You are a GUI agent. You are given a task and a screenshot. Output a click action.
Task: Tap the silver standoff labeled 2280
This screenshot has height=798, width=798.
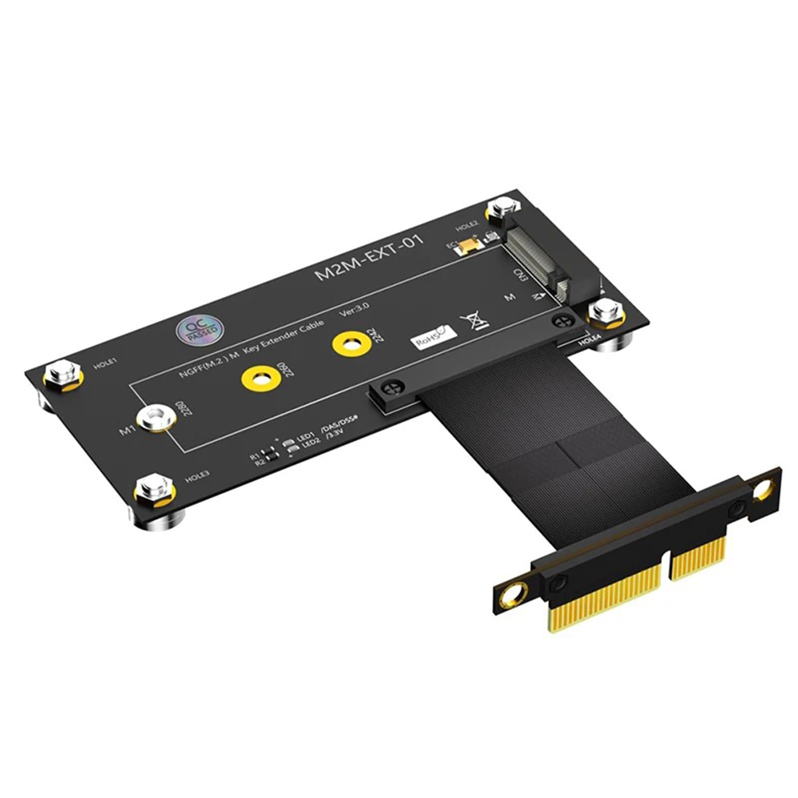[x=155, y=417]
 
